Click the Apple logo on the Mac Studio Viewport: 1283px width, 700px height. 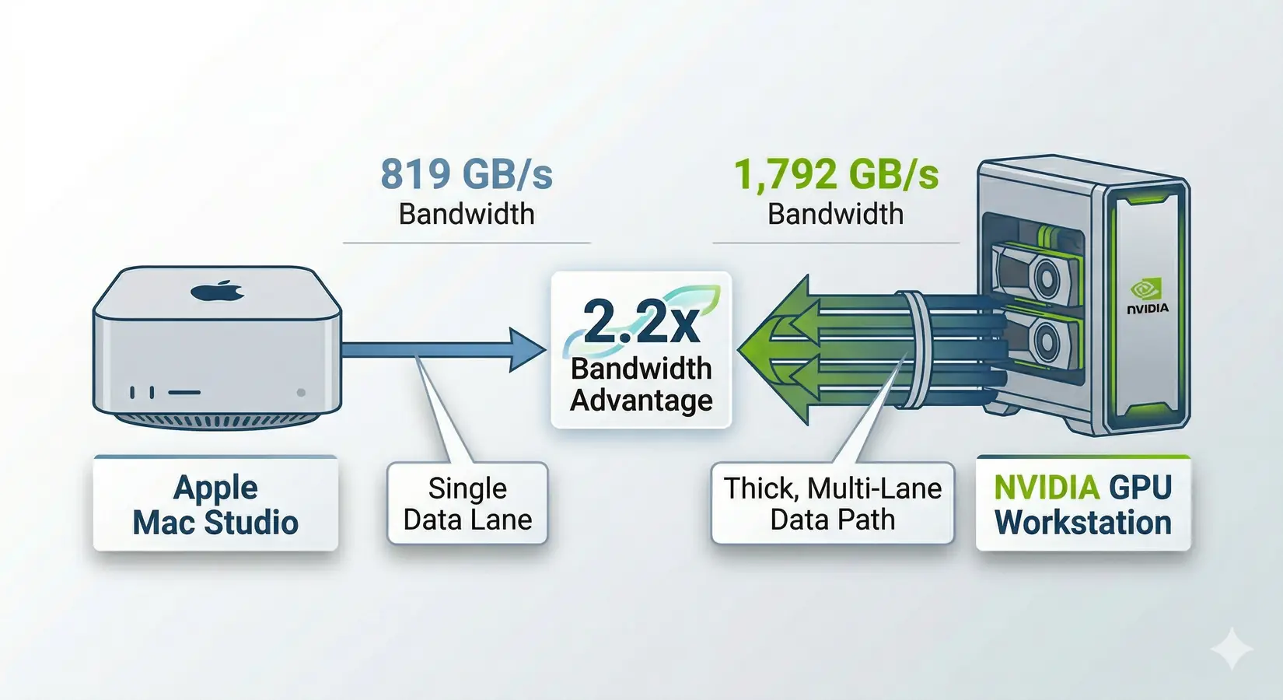click(218, 292)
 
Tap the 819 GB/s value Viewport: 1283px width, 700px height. click(467, 174)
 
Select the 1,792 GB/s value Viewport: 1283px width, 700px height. click(836, 174)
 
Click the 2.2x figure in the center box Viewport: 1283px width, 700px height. click(641, 321)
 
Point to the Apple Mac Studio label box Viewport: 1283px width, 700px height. click(215, 505)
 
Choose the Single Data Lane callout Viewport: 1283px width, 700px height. click(467, 504)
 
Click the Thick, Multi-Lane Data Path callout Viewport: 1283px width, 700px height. click(832, 504)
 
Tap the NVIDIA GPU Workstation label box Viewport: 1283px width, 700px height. click(1083, 505)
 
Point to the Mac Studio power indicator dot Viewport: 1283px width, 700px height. click(301, 393)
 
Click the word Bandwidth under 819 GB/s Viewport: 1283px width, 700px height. click(467, 214)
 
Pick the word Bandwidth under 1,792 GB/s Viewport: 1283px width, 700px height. click(836, 214)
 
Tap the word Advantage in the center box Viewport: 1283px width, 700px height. click(641, 400)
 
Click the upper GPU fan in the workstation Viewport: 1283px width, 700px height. click(1046, 276)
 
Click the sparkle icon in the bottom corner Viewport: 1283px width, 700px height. click(1232, 648)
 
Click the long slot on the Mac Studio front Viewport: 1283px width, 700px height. click(184, 393)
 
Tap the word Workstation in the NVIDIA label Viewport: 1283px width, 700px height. click(1083, 523)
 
